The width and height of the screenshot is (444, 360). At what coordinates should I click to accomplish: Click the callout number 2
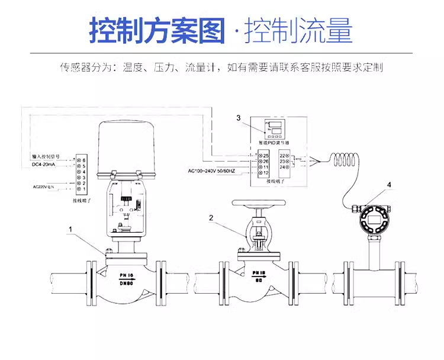[211, 217]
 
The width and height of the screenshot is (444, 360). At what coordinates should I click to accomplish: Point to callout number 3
[239, 118]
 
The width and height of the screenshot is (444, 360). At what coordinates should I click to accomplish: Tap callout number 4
[389, 185]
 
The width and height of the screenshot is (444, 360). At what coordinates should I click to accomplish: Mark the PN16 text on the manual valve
[259, 274]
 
